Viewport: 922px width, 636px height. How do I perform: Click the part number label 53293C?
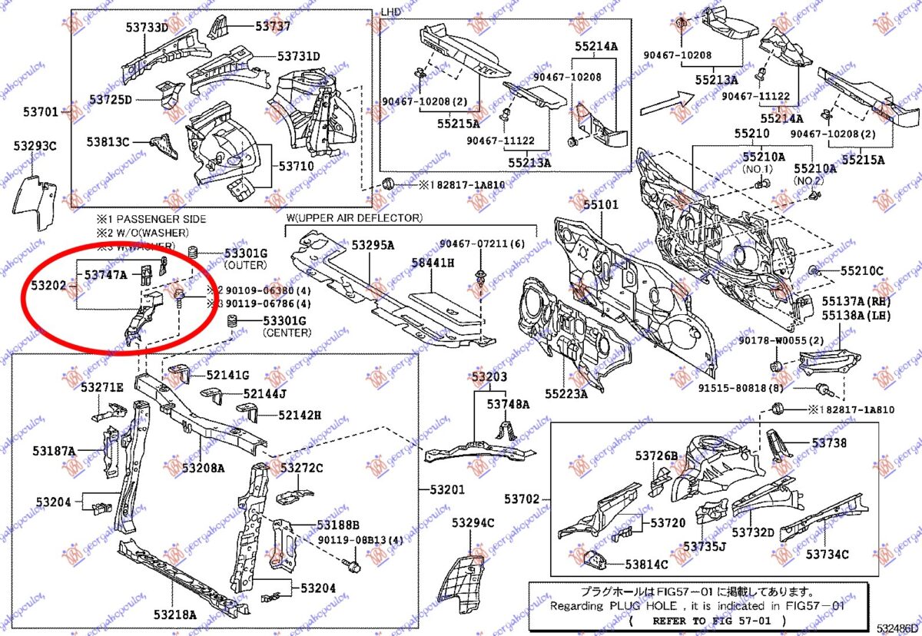tap(34, 146)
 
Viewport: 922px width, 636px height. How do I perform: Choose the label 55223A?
tap(566, 394)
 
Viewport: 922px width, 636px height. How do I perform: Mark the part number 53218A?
tap(174, 614)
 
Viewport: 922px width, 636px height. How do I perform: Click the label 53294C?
tap(473, 523)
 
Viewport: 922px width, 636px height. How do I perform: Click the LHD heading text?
tap(391, 12)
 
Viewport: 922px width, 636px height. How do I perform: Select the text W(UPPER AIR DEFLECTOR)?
tap(353, 218)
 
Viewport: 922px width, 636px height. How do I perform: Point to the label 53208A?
tap(203, 468)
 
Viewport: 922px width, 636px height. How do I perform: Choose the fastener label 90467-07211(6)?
tap(483, 243)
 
